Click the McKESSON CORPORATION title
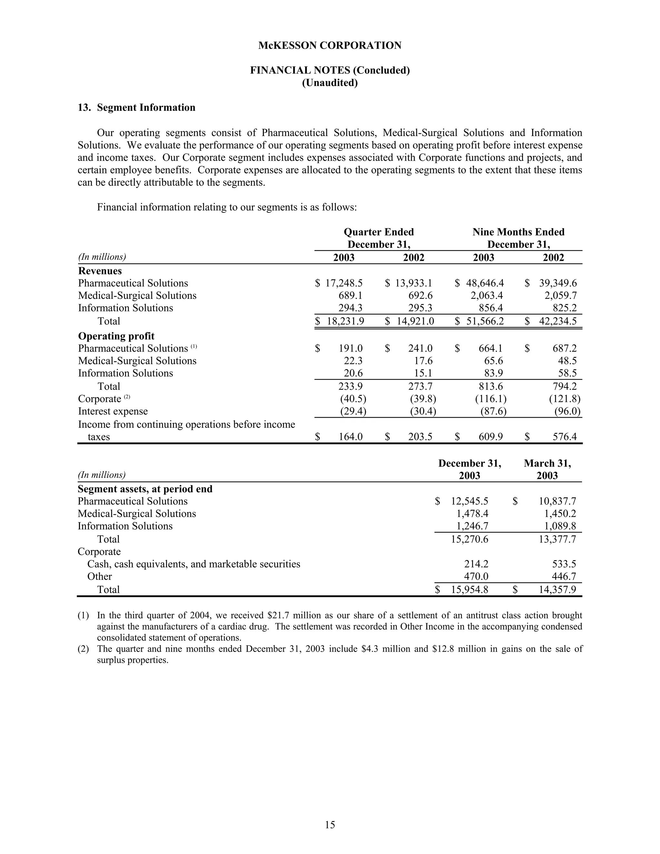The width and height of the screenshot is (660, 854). tap(330, 46)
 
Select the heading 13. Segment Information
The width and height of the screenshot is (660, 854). tap(136, 108)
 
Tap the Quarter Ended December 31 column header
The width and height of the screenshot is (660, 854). tap(378, 238)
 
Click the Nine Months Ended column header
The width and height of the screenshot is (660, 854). tap(518, 232)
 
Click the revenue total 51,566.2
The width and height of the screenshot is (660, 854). tap(485, 321)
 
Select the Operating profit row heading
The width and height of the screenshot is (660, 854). tap(116, 336)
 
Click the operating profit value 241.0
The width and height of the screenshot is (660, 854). tap(420, 348)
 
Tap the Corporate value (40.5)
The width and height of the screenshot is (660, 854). tap(353, 399)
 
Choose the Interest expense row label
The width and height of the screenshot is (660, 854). tap(112, 411)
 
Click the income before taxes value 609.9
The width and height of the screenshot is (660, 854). tap(490, 437)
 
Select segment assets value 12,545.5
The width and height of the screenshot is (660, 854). tap(469, 501)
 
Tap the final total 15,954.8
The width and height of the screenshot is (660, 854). tap(469, 589)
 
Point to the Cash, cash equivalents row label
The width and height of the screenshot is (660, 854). tap(194, 564)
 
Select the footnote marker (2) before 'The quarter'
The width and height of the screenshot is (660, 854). tap(83, 649)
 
